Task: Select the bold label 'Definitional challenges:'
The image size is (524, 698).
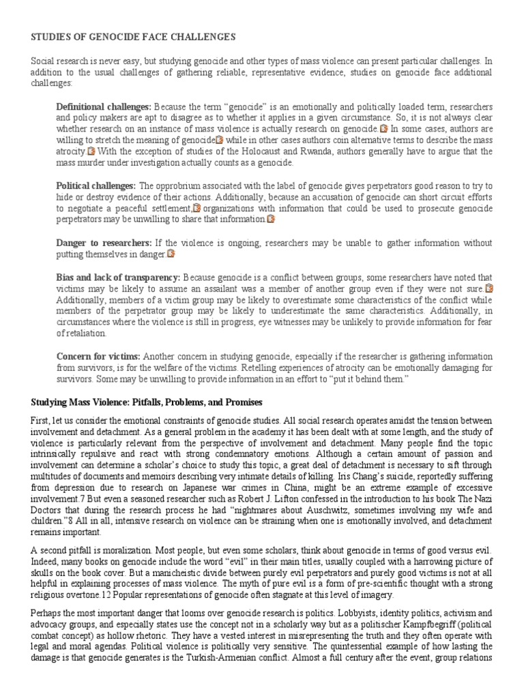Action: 104,107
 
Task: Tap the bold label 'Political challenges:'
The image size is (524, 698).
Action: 96,186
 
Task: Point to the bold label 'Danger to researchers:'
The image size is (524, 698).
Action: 104,243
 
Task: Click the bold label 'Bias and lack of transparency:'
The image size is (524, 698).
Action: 118,277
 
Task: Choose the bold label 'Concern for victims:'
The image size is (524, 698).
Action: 98,356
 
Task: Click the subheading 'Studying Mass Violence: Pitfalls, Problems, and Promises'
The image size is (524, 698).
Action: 146,401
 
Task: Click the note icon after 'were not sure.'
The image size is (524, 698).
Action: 489,288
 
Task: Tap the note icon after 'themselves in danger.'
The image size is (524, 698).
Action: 171,254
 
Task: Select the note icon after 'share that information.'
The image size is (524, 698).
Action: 271,219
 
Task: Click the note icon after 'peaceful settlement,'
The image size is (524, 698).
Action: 196,209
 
